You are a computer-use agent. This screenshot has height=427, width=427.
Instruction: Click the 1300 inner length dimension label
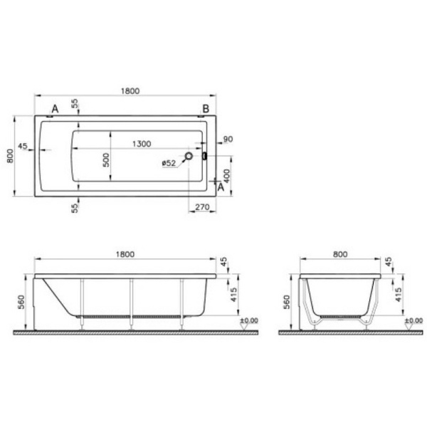(142, 144)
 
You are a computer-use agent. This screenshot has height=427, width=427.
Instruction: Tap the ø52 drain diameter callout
(169, 163)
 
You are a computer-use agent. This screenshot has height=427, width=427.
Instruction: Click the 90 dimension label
(228, 139)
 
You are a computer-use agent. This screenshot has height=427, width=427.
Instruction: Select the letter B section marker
(205, 108)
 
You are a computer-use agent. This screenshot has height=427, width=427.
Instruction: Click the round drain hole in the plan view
(189, 156)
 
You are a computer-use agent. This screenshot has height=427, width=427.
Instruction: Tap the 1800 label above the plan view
(129, 90)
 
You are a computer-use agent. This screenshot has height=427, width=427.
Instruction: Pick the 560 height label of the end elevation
(287, 300)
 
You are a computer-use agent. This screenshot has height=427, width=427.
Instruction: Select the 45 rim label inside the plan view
(23, 146)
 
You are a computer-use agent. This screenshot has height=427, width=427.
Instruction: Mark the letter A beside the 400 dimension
(221, 189)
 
